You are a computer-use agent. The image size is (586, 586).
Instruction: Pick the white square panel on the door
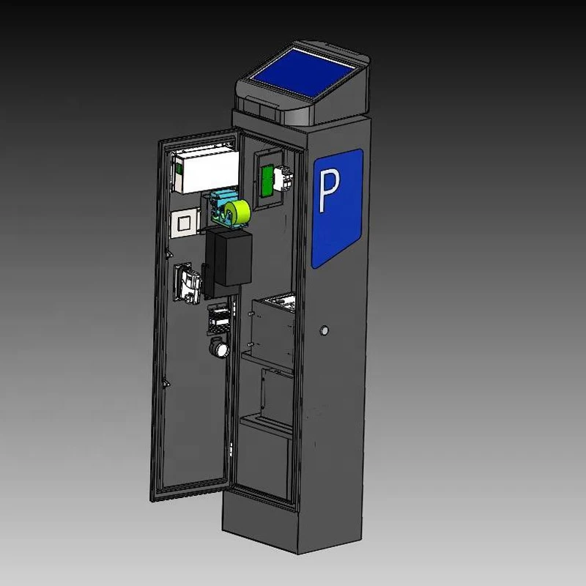tap(185, 220)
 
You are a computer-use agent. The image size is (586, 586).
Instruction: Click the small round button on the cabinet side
tap(323, 332)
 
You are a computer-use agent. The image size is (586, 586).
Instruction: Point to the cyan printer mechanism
tap(220, 206)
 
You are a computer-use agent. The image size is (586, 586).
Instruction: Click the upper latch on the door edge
tap(169, 253)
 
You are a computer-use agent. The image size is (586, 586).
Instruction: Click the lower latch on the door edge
tap(168, 381)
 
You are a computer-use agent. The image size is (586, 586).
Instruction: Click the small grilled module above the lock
tap(219, 319)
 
